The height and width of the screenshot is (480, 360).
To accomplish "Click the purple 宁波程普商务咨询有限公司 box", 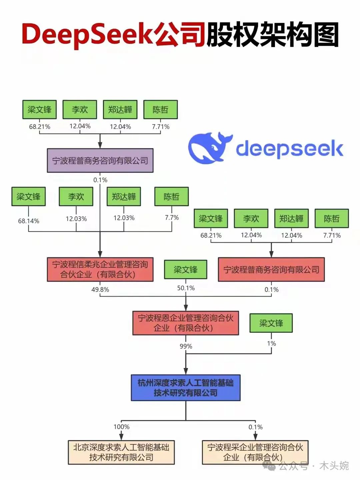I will coord(100,161).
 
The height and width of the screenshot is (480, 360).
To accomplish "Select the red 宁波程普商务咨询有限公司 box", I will coord(271,270).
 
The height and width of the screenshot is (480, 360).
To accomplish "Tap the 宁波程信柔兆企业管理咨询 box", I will coord(100,269).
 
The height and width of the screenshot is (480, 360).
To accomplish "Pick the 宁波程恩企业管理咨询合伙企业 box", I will coord(186,323).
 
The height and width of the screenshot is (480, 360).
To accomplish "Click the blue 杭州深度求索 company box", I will coord(186,388).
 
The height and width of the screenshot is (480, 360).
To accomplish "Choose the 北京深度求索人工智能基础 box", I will coord(121,452).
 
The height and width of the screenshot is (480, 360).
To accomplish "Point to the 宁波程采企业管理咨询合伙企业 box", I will coord(255,452).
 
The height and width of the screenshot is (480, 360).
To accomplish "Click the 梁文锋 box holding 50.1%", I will coord(186,269).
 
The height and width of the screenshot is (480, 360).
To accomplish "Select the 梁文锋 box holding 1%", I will coord(271,323).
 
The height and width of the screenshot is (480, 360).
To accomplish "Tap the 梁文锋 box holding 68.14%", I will coord(29,197).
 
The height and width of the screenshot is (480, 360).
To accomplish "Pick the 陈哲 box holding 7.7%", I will coord(172,197).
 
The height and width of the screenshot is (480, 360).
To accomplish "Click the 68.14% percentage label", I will coord(29,221).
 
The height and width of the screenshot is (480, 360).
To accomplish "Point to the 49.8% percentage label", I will coord(100,290).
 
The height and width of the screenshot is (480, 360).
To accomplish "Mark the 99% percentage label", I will coord(186,346).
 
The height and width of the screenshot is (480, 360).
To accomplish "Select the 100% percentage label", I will coord(121,427).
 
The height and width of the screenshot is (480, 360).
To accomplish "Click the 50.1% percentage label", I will coord(186,288).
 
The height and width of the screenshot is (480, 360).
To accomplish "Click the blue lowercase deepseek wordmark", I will coord(289,149).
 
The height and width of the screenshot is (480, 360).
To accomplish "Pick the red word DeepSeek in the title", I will coord(87,35).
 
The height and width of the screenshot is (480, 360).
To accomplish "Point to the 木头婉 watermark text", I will coord(334,466).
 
